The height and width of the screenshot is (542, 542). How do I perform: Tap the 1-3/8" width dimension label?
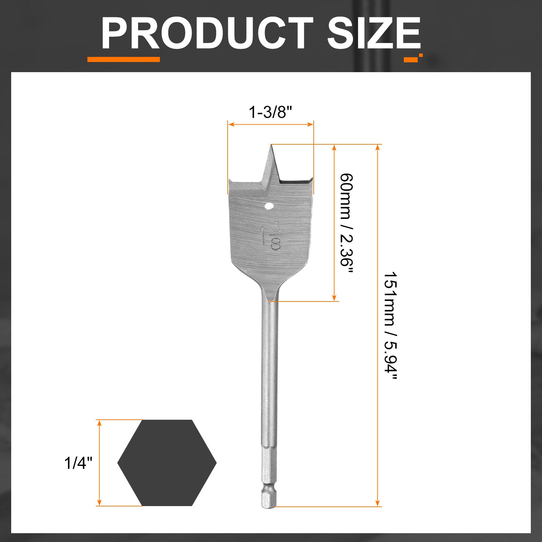pos(270,112)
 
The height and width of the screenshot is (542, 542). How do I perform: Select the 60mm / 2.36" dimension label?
pos(346,224)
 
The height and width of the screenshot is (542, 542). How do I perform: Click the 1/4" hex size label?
pos(78,463)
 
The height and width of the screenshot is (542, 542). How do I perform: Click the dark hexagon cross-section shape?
pos(167,463)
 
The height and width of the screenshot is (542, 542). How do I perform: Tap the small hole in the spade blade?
pos(270,206)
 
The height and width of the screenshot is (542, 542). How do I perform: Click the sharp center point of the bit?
pos(271,146)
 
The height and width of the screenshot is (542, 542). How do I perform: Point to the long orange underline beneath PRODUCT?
pos(123,59)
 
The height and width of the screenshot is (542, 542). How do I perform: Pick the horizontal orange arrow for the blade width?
pos(270,124)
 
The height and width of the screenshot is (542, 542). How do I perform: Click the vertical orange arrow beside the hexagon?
pos(99,463)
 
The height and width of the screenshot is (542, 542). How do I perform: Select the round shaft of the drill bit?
pos(270,373)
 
